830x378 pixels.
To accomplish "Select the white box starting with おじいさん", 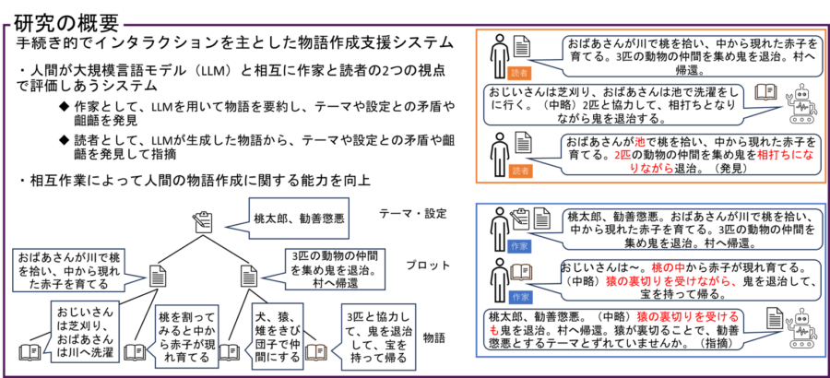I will [84, 331].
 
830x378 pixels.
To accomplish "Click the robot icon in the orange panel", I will [800, 104].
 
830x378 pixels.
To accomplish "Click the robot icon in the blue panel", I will [800, 328].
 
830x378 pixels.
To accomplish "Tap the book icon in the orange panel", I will [765, 92].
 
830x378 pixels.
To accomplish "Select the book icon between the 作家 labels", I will [521, 272].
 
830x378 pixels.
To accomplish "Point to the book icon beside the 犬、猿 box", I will [316, 352].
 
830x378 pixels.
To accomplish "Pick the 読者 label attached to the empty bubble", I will [519, 73].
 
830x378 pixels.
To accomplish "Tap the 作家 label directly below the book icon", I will [520, 297].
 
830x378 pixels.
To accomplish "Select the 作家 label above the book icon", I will [519, 246].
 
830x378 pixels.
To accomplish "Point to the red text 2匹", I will [623, 155].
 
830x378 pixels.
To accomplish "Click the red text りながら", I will [652, 168].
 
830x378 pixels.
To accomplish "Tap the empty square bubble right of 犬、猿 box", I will [378, 337].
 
